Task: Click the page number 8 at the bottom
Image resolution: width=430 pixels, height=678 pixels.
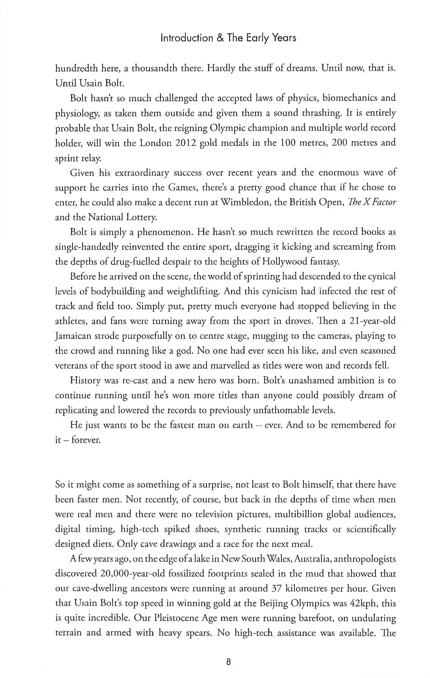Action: (x=228, y=662)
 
